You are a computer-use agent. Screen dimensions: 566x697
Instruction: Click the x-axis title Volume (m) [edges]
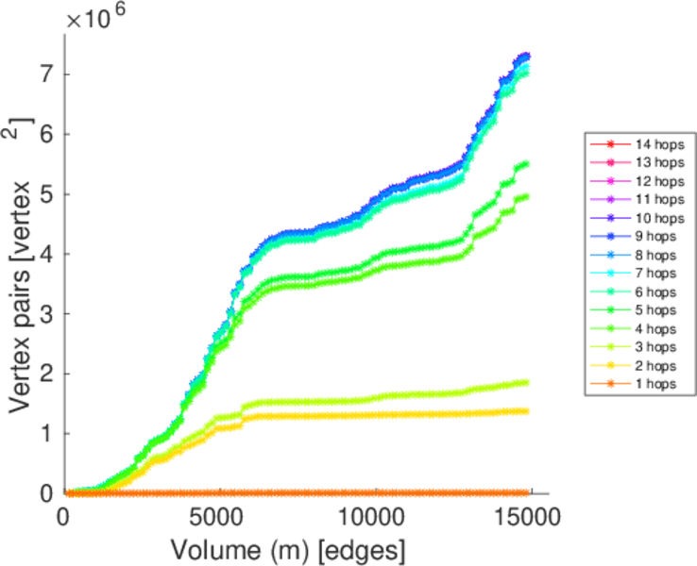tap(287, 547)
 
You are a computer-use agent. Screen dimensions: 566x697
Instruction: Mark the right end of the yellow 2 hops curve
tap(525, 411)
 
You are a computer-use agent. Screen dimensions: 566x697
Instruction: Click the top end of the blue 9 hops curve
tap(526, 56)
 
